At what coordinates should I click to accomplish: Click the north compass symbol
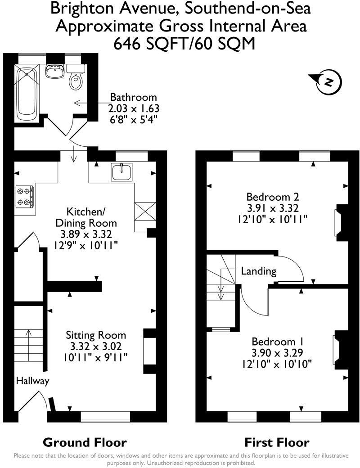coord(328,82)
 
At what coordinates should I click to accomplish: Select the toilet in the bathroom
coord(76,81)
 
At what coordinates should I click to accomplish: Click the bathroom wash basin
coord(55,71)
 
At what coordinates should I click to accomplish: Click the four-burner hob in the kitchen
coord(25,197)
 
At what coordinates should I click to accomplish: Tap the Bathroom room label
coord(134,97)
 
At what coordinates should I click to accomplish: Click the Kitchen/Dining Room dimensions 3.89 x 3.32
coord(85,234)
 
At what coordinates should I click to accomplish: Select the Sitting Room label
coord(96,335)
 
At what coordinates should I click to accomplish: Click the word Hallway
coord(32,381)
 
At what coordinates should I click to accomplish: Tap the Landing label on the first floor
coord(259,271)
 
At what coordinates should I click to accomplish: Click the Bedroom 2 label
coord(273,197)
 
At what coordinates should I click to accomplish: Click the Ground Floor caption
coord(85,442)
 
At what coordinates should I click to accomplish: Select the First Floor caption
coord(277,442)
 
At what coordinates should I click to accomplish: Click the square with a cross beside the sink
coord(145,211)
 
